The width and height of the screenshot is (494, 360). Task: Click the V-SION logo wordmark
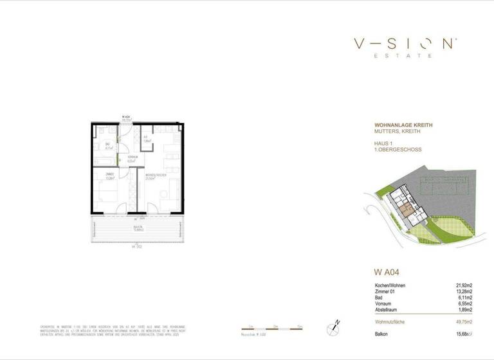pyautogui.click(x=405, y=44)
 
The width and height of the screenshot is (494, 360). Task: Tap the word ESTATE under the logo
pyautogui.click(x=405, y=56)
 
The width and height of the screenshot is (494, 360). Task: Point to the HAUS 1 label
pyautogui.click(x=384, y=143)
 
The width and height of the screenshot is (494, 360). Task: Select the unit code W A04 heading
pyautogui.click(x=388, y=271)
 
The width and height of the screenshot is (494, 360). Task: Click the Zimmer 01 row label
pyautogui.click(x=386, y=292)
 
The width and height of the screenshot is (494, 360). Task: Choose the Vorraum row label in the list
pyautogui.click(x=385, y=303)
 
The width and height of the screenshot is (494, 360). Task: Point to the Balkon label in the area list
pyautogui.click(x=383, y=334)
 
